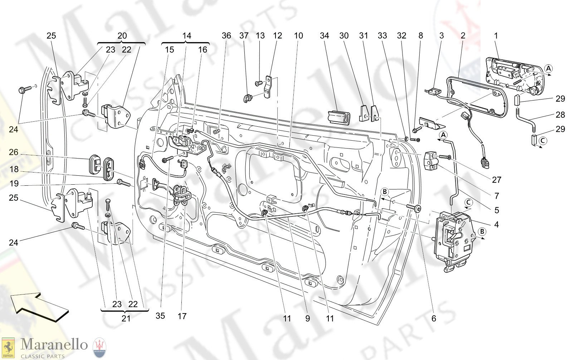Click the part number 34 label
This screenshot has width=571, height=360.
(324, 35)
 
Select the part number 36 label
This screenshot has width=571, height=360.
(226, 35)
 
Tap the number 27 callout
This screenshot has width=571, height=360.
(497, 180)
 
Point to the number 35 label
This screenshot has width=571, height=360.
(160, 316)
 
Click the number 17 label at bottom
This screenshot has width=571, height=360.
(182, 316)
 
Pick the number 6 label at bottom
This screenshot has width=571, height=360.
(434, 318)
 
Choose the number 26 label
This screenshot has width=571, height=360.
(14, 152)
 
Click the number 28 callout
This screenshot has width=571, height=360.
(560, 115)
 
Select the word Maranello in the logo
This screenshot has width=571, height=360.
(54, 344)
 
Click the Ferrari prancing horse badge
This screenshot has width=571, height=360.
(8, 347)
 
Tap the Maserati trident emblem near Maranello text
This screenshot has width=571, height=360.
(99, 347)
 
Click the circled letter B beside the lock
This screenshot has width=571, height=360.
(482, 232)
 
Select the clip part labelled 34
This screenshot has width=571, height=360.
(339, 117)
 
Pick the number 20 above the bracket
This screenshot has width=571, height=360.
(122, 35)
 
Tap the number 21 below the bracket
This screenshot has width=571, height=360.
(126, 318)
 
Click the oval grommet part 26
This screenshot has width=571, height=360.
(95, 164)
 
